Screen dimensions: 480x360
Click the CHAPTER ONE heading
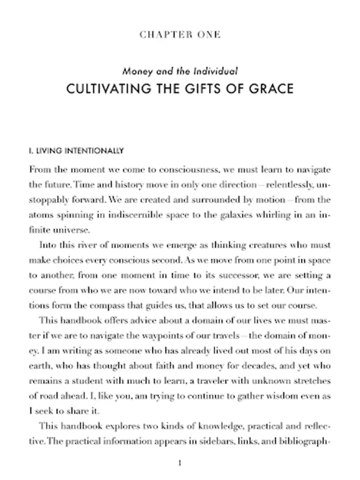pyautogui.click(x=180, y=35)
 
